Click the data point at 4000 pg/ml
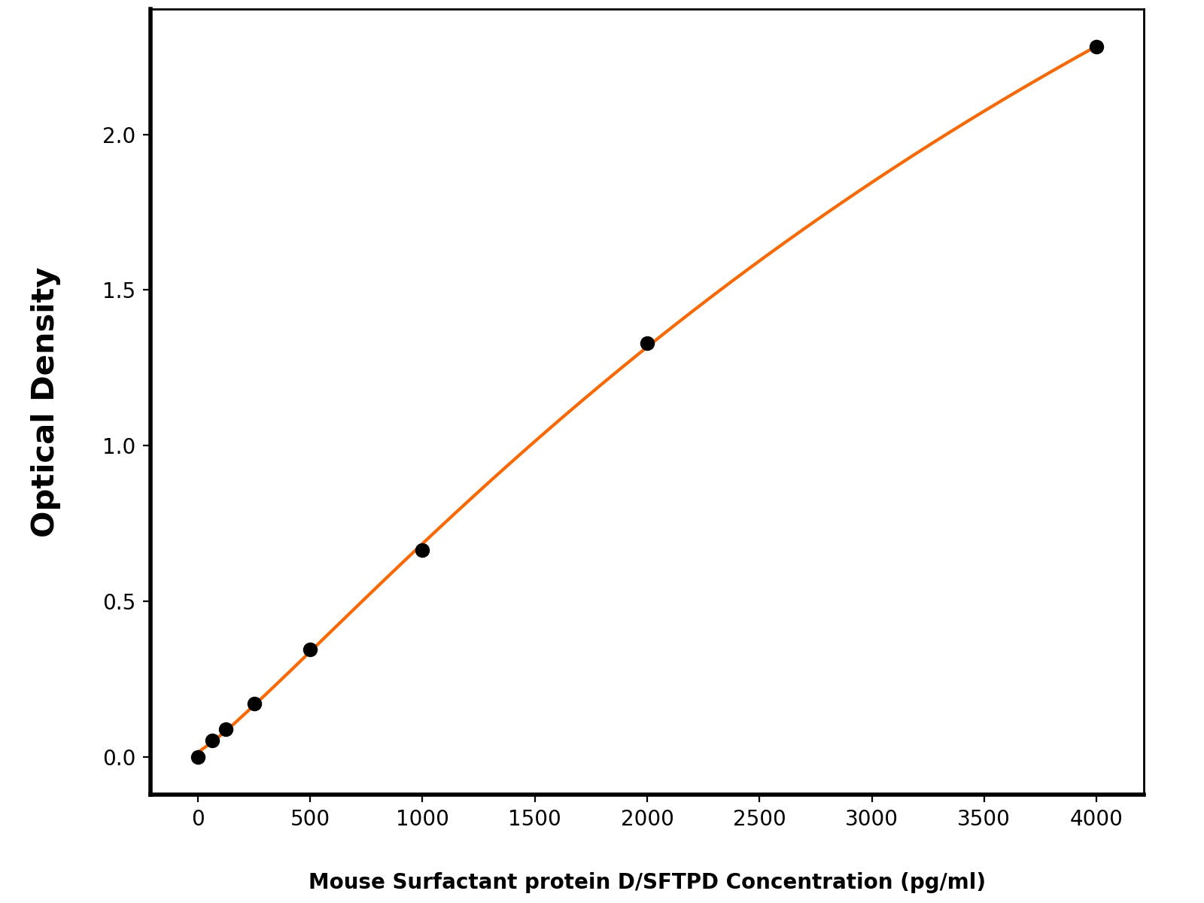[1096, 47]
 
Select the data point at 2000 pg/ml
[647, 344]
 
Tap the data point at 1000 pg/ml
[422, 551]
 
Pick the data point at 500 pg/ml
[310, 650]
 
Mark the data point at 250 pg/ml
[254, 704]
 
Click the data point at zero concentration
[198, 757]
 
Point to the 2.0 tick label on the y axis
[119, 135]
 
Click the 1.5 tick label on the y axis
[119, 290]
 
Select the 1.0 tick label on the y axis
[119, 446]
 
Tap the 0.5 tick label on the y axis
[119, 602]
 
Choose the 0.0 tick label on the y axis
[119, 758]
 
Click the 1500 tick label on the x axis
[534, 819]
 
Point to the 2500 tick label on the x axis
[759, 819]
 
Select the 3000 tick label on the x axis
[871, 819]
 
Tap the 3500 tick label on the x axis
[984, 819]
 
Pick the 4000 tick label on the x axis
[1096, 819]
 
